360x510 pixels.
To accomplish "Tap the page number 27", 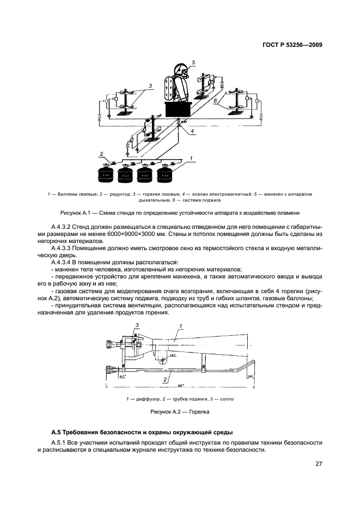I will (x=318, y=464).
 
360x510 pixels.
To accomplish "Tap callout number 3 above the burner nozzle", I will (x=137, y=325).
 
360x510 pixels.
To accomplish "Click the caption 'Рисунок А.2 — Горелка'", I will (x=180, y=412).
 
